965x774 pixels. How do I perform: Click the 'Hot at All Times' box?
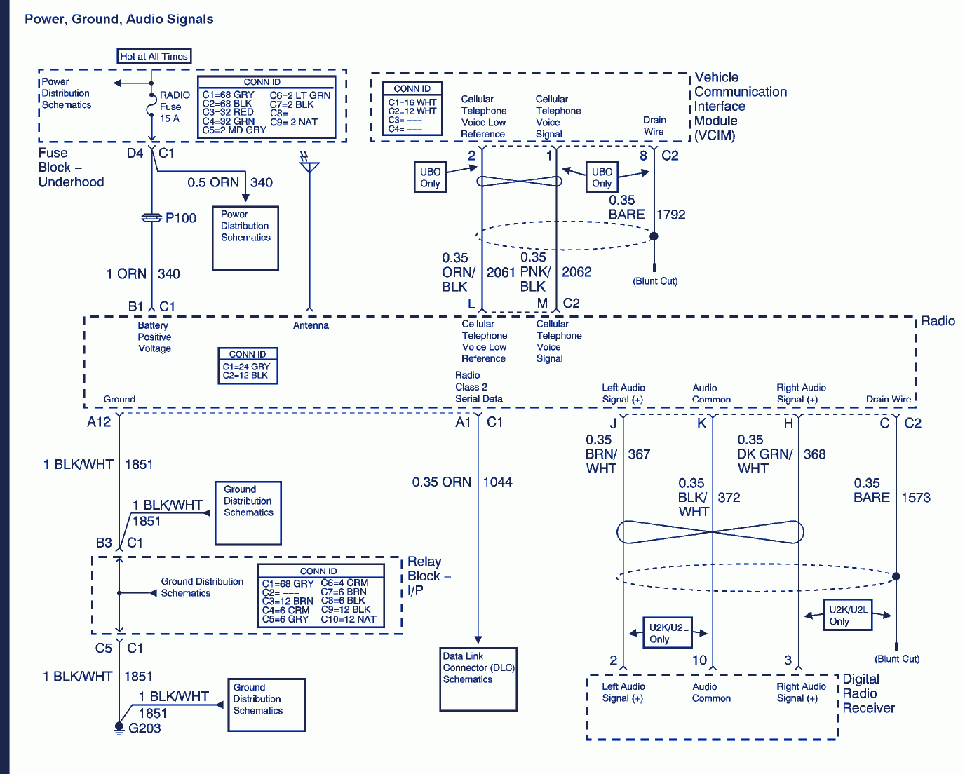(x=154, y=57)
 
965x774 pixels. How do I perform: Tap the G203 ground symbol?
(x=119, y=728)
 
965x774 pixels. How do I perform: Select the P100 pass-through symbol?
(x=151, y=218)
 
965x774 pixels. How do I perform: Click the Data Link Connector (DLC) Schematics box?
(x=478, y=679)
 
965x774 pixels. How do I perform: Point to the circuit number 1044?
(x=497, y=482)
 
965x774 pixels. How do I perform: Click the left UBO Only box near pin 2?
(x=430, y=177)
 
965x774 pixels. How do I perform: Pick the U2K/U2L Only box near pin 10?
(x=668, y=632)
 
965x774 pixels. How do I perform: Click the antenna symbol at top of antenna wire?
(x=309, y=165)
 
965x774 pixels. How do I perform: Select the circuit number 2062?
(x=576, y=272)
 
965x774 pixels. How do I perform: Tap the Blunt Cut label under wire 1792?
(x=655, y=281)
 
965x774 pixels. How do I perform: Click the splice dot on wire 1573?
(x=896, y=576)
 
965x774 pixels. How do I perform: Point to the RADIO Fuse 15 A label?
(x=174, y=107)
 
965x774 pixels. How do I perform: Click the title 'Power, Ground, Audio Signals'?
(x=119, y=19)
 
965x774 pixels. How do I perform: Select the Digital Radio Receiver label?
(x=868, y=693)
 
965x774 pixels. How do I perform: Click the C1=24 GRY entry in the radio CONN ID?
(x=246, y=367)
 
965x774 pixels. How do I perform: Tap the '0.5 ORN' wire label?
(x=212, y=182)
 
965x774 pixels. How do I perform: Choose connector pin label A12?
(x=99, y=422)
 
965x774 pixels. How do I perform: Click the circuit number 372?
(x=729, y=497)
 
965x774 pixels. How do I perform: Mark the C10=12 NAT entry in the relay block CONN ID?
(x=349, y=619)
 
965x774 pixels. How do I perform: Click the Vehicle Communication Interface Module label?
(x=740, y=106)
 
